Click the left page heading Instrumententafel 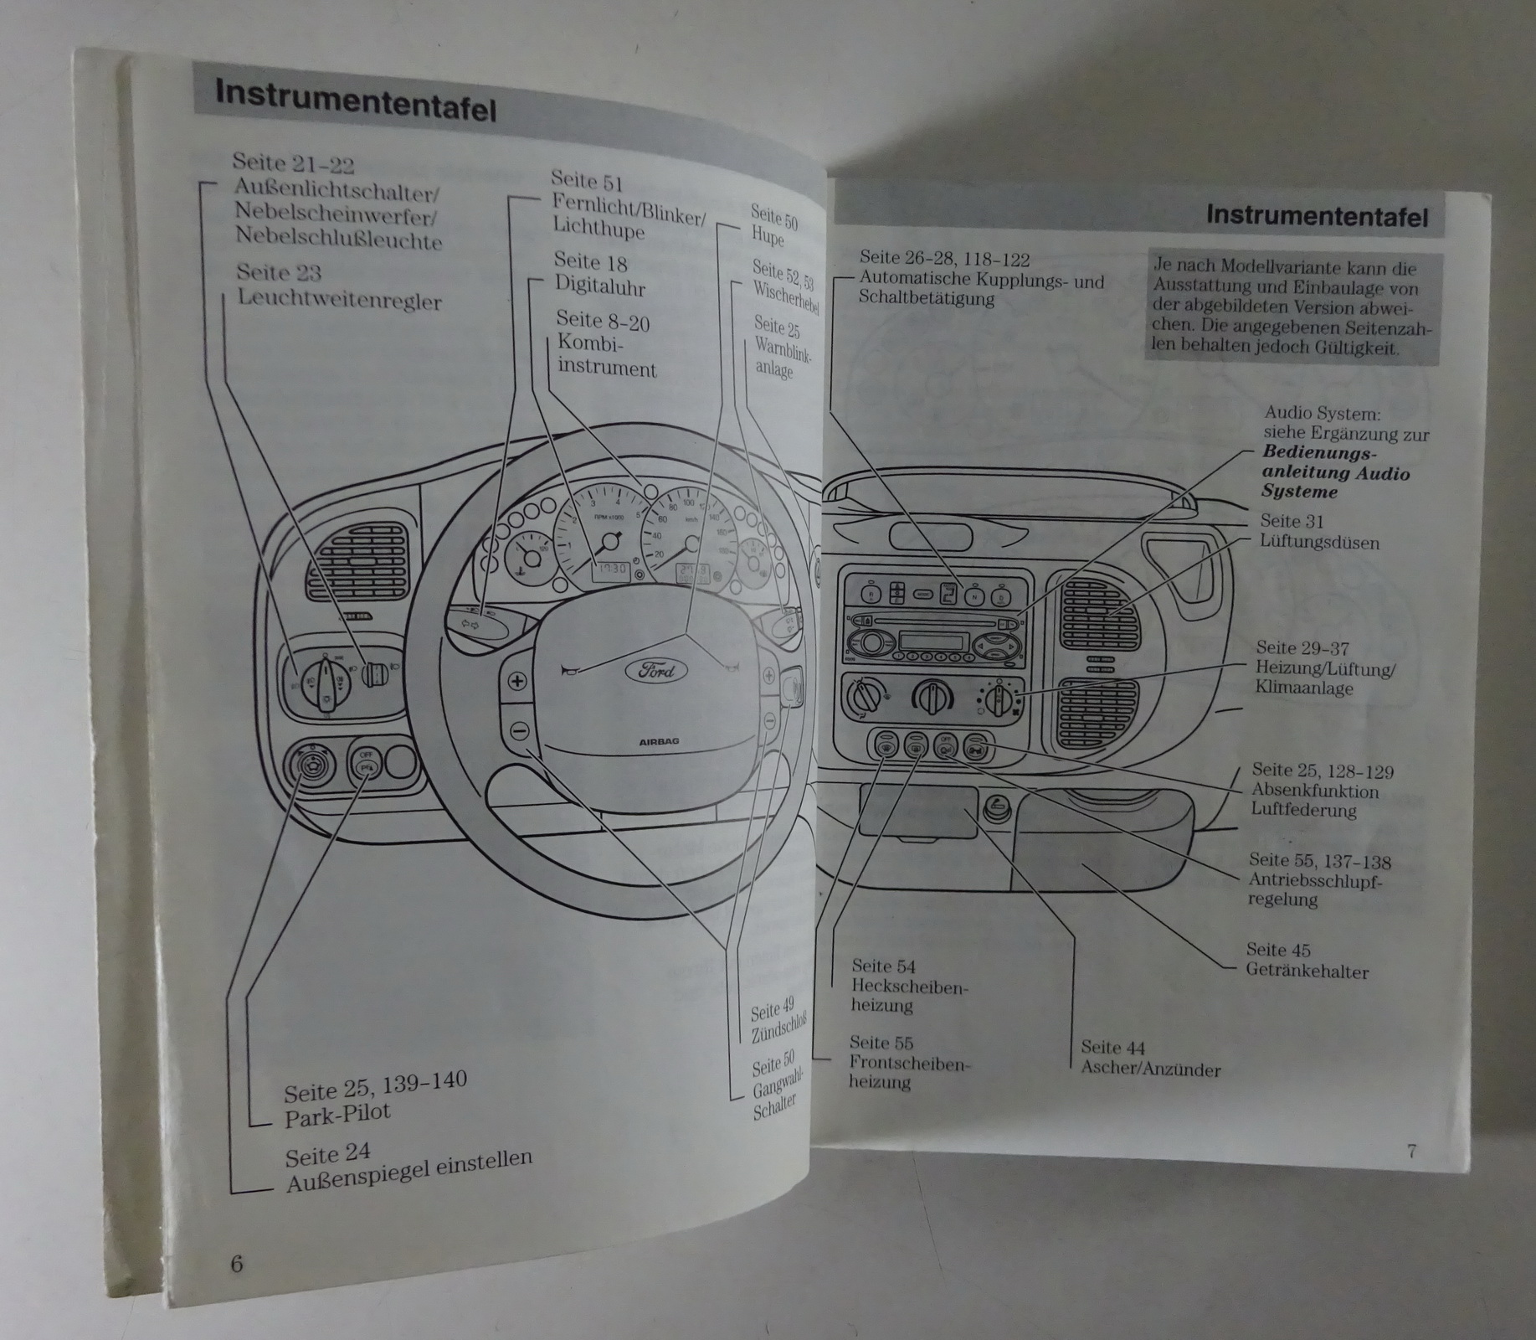[x=355, y=101]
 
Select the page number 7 [x=1411, y=1151]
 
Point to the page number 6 [x=237, y=1263]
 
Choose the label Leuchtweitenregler [x=339, y=299]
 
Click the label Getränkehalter [x=1307, y=971]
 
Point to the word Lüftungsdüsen [x=1319, y=542]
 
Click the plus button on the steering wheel [x=517, y=681]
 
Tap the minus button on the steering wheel [x=519, y=732]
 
